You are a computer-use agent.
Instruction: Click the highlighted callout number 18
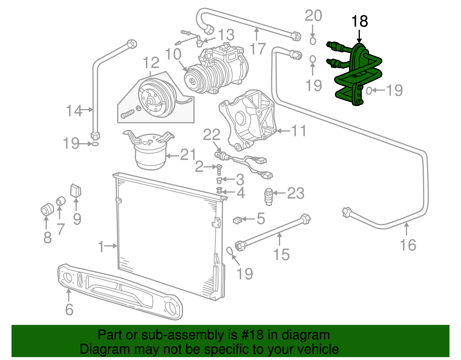[x=360, y=22]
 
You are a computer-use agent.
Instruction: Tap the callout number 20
[x=313, y=16]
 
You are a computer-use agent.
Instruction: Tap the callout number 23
[x=296, y=193]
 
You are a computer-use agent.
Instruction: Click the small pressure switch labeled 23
[x=269, y=196]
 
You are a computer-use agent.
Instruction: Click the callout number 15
[x=281, y=255]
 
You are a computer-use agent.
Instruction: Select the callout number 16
[x=408, y=245]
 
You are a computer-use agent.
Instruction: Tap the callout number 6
[x=69, y=309]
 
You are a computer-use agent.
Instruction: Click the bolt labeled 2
[x=219, y=170]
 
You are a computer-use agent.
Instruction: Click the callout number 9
[x=77, y=219]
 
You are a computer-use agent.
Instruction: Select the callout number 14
[x=74, y=111]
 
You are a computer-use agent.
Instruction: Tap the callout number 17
[x=257, y=48]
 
